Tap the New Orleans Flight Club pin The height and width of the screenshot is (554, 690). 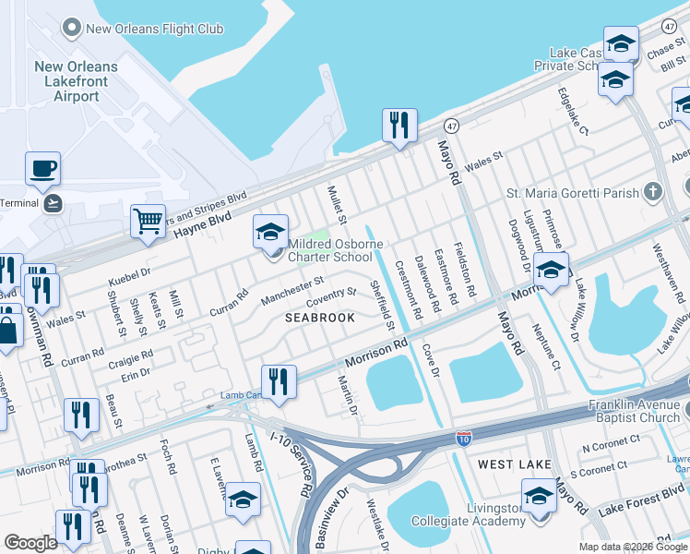tap(70, 29)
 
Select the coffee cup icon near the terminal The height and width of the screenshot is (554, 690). tap(42, 169)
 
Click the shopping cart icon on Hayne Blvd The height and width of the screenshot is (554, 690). tap(148, 222)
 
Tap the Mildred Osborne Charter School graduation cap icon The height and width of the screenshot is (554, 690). tap(270, 232)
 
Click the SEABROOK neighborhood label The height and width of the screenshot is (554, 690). tap(319, 318)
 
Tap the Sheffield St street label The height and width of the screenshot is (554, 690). tap(382, 307)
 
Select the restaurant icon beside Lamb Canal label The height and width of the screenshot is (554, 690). tap(278, 381)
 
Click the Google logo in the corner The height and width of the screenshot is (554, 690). tap(30, 543)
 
